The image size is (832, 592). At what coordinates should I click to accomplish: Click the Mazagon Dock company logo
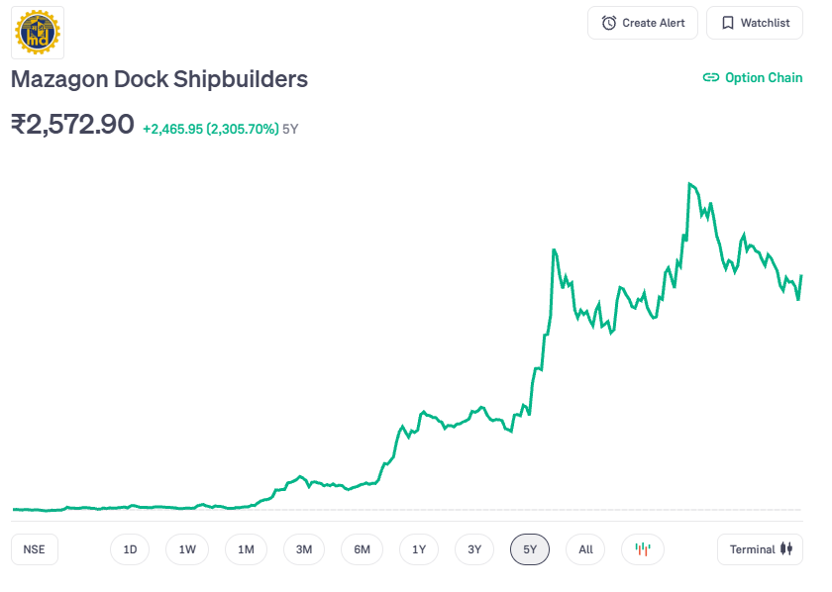pos(38,32)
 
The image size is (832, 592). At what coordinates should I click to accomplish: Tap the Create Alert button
pos(643,23)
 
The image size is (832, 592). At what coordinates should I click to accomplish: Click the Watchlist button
pos(755,23)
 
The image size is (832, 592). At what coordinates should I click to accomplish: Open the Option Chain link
pos(753,77)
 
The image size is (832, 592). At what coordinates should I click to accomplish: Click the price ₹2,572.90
pos(72,125)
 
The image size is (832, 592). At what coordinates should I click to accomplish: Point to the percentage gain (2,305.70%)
pos(242,129)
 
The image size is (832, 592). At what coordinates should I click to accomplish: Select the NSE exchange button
pos(35,549)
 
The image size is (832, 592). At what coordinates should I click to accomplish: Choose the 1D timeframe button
pos(130,549)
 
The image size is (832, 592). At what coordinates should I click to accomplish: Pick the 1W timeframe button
pos(187,549)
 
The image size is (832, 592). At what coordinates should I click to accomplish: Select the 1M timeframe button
pos(246,549)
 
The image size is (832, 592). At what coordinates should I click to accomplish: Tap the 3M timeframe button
pos(304,549)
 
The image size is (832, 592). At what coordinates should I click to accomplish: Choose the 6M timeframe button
pos(362,549)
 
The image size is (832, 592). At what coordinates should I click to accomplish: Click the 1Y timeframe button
pos(419,549)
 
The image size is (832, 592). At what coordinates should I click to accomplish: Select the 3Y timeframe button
pos(474,549)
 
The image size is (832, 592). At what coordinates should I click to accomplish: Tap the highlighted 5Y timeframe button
pos(530,549)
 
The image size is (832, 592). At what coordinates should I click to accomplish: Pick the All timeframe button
pos(585,549)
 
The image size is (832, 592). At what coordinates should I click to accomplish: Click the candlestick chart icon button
pos(643,549)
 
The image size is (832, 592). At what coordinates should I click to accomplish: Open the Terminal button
pos(760,549)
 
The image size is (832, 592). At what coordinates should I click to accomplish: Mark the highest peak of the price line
pos(689,184)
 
